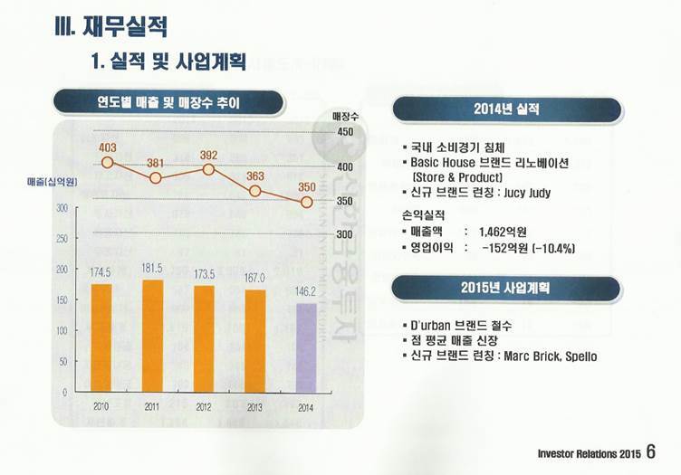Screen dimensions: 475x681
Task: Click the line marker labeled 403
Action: click(107, 163)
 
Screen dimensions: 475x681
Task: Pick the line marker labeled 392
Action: click(208, 169)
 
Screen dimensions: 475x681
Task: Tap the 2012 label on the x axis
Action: click(204, 406)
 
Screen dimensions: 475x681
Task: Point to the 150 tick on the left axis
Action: click(62, 299)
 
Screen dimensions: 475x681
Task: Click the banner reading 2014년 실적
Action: click(506, 109)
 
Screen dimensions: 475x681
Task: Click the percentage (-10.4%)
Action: click(547, 248)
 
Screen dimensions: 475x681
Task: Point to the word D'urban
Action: click(434, 324)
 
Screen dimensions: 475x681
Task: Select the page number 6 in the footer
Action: click(651, 451)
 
